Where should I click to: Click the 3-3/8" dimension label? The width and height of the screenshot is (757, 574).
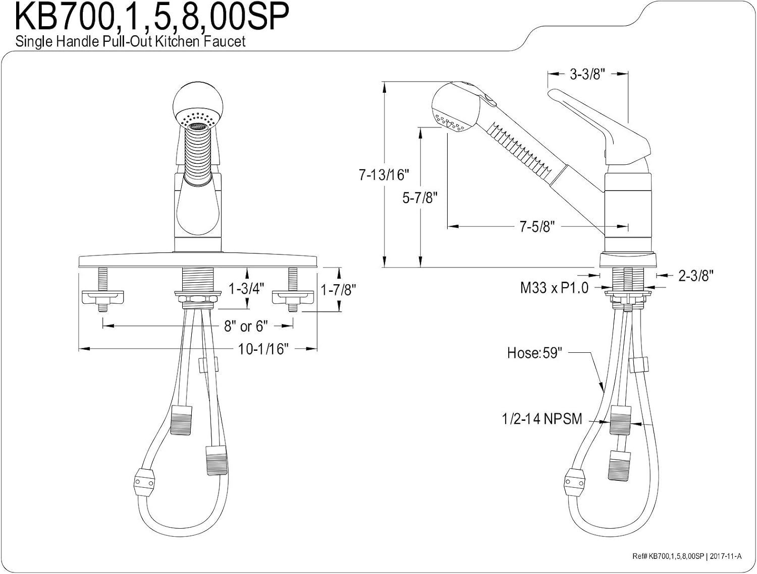587,74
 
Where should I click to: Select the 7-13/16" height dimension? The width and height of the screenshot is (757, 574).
384,175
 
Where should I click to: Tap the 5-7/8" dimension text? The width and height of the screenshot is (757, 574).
420,198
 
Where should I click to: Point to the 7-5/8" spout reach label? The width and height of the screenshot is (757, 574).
537,227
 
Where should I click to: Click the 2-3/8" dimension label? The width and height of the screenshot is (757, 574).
695,276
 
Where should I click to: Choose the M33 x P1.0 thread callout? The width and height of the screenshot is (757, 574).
554,288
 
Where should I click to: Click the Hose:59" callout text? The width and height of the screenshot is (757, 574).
534,353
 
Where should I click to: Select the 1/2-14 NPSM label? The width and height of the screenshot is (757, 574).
542,419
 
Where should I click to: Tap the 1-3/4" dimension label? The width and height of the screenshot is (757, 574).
247,289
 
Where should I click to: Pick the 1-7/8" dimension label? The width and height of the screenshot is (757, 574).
338,290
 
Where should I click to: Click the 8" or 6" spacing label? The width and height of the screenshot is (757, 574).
246,326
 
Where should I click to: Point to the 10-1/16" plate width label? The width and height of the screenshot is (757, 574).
263,349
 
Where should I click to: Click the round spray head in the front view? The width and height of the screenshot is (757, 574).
198,103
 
